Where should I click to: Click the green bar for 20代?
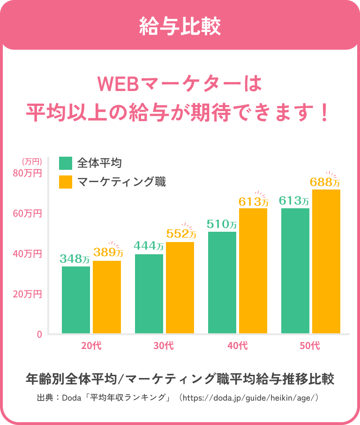pyautogui.click(x=76, y=300)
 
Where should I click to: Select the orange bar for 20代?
pyautogui.click(x=107, y=297)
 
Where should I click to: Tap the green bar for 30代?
pyautogui.click(x=149, y=294)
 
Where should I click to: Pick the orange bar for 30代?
pyautogui.click(x=180, y=288)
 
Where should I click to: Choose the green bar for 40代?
pyautogui.click(x=222, y=282)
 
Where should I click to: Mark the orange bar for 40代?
pyautogui.click(x=253, y=271)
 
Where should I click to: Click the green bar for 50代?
pyautogui.click(x=295, y=271)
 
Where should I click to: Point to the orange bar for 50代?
pyautogui.click(x=326, y=261)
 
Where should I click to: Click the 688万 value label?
pyautogui.click(x=325, y=182)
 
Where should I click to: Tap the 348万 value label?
pyautogui.click(x=75, y=258)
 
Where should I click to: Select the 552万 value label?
pyautogui.click(x=181, y=234)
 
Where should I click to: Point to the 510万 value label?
pyautogui.click(x=222, y=224)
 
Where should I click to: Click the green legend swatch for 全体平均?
pyautogui.click(x=66, y=163)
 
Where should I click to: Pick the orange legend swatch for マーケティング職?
pyautogui.click(x=66, y=182)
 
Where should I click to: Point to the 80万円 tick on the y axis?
pyautogui.click(x=28, y=173)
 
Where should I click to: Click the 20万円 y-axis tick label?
pyautogui.click(x=28, y=294)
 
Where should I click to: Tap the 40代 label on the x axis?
pyautogui.click(x=237, y=347)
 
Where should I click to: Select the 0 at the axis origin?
pyautogui.click(x=39, y=334)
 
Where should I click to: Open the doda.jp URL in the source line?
pyautogui.click(x=250, y=398)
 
